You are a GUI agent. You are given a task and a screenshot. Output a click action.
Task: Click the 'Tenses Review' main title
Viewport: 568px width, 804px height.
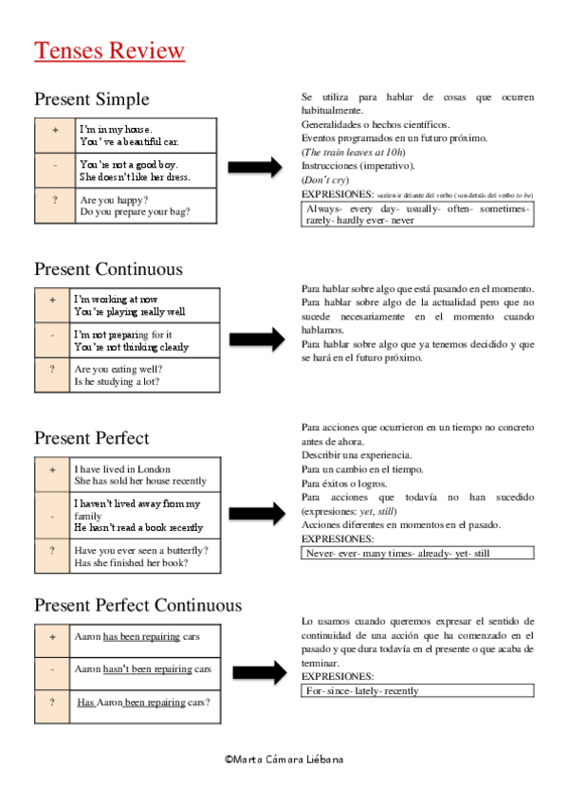coord(109,50)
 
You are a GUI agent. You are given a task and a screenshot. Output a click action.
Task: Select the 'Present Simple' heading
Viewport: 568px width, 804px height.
coord(92,99)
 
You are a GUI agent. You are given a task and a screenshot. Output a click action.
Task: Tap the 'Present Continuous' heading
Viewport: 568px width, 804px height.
coord(108,269)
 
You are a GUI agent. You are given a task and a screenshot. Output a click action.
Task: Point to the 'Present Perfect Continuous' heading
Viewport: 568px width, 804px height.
coord(137,605)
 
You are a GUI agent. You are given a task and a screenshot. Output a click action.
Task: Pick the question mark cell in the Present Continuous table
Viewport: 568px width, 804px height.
coord(53,375)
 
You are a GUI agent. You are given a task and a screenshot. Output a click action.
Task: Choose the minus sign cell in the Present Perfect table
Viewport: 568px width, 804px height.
coord(53,516)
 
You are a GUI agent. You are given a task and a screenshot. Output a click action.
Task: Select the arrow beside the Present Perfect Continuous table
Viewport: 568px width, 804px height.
coord(258,672)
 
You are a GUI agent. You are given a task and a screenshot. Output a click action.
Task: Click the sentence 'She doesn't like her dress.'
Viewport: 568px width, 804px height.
coord(135,176)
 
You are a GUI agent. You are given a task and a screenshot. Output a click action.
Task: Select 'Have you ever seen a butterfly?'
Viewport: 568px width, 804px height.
coord(141,550)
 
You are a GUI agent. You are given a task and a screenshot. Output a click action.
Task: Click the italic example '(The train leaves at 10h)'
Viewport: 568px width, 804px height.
coord(353,152)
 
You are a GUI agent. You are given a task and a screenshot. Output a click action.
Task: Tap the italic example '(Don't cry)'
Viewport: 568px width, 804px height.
coord(324,180)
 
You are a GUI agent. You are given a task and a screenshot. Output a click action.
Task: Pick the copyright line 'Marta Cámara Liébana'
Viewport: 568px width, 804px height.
coord(284,758)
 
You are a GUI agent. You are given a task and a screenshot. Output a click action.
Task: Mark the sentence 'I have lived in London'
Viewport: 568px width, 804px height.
coord(123,468)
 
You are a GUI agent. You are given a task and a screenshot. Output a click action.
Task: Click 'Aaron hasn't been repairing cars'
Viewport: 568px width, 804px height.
coord(142,668)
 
